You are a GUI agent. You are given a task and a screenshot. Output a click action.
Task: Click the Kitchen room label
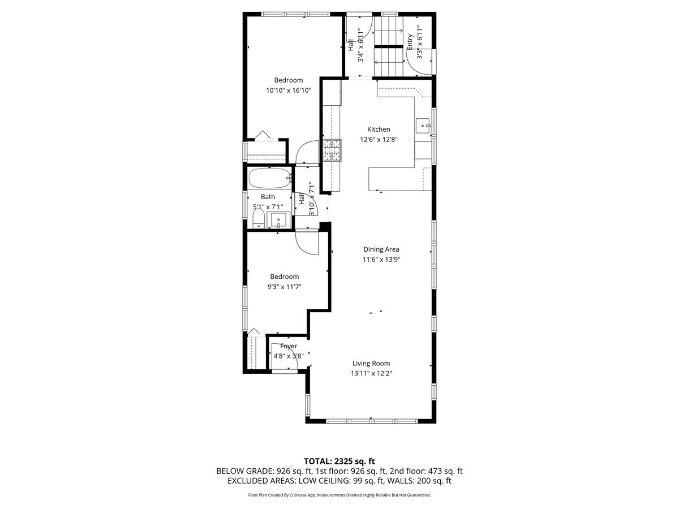click(x=379, y=130)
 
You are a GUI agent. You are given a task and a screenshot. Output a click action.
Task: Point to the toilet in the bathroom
click(x=257, y=219)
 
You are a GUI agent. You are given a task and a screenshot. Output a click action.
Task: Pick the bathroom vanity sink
click(x=278, y=219)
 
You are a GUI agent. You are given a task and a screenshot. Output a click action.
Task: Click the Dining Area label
click(x=381, y=249)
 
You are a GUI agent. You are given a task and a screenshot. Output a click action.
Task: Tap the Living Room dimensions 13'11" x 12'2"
click(x=371, y=373)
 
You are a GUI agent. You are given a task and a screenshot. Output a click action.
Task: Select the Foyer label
click(x=289, y=346)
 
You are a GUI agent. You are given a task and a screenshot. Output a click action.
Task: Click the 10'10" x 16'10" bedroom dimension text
click(x=289, y=90)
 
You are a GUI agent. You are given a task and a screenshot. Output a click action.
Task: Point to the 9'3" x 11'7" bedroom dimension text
click(x=284, y=287)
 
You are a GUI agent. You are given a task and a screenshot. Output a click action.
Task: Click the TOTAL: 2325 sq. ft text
click(x=339, y=461)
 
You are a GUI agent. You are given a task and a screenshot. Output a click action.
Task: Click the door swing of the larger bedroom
click(x=308, y=152)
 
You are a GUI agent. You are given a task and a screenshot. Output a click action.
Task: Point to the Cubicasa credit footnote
click(x=339, y=495)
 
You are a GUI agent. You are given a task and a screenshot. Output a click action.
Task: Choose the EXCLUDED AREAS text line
click(x=339, y=481)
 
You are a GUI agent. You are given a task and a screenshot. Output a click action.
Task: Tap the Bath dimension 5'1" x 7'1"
click(x=268, y=207)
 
